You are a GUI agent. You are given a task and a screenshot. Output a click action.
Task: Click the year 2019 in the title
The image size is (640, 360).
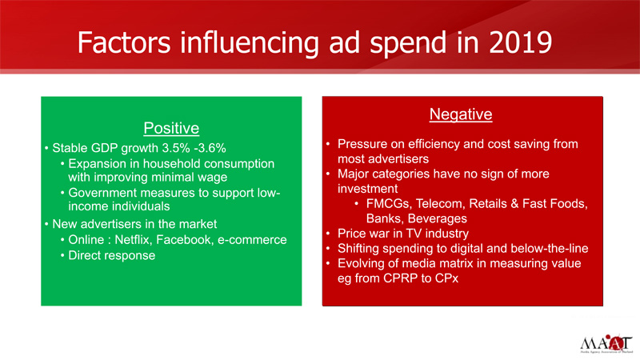click(521, 42)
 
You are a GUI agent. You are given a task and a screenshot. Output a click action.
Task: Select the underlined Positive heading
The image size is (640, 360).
click(171, 128)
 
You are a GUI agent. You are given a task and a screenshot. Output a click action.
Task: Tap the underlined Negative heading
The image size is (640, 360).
click(461, 114)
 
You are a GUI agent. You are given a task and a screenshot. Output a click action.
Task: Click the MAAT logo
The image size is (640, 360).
click(606, 344)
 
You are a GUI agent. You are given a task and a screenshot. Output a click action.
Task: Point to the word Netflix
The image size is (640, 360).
click(132, 239)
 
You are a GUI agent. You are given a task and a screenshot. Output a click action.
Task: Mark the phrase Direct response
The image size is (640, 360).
click(112, 255)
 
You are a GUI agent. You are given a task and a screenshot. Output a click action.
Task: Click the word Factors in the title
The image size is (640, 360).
click(124, 42)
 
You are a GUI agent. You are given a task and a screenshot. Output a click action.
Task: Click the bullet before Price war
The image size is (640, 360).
click(328, 234)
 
